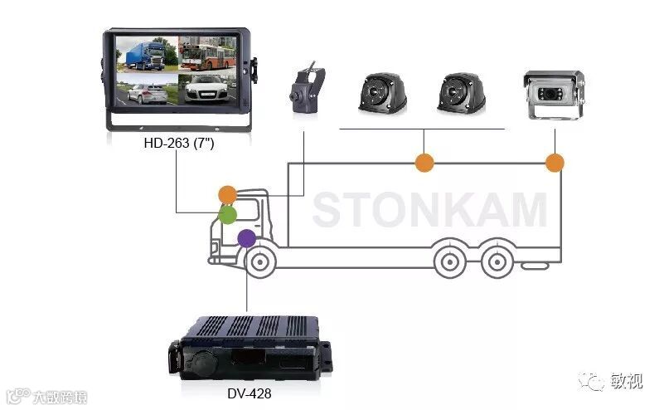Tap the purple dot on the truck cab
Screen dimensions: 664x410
(x=246, y=239)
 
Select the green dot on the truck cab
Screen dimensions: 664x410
(x=228, y=215)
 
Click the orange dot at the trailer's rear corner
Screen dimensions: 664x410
(x=555, y=163)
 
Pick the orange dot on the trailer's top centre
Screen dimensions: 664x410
(x=424, y=163)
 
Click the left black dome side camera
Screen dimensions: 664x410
(x=384, y=94)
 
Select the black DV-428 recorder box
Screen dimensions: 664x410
(x=249, y=349)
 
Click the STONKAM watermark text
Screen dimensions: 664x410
(x=429, y=209)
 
